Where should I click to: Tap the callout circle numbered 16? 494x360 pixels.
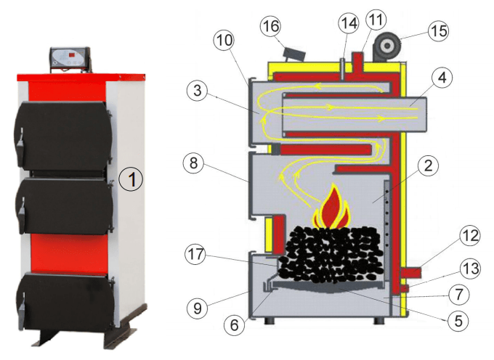271,28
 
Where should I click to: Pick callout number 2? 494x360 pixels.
429,166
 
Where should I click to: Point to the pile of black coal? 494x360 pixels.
330,254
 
